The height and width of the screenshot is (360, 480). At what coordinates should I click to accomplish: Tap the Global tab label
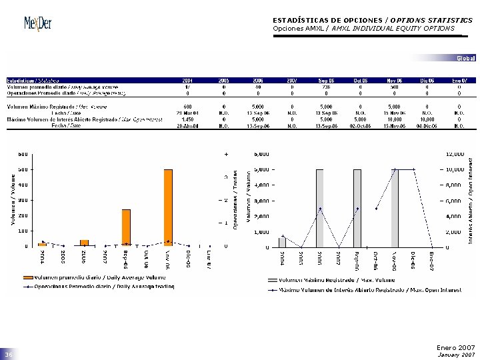466,59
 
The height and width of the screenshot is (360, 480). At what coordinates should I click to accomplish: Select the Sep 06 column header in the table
326,80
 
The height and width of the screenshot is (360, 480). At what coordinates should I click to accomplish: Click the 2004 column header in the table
188,80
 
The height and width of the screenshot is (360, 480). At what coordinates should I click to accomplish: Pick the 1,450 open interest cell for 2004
188,119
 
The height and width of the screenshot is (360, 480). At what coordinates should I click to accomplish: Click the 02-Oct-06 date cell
360,125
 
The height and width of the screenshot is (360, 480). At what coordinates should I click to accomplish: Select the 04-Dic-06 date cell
426,125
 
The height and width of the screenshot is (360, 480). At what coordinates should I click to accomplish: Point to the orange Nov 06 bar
168,207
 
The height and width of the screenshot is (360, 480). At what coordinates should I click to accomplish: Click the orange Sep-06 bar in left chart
126,227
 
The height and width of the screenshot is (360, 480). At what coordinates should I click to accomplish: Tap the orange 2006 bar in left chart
84,243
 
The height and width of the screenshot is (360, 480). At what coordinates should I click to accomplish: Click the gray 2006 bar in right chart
320,208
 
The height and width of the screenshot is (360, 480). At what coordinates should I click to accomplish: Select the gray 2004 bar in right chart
283,242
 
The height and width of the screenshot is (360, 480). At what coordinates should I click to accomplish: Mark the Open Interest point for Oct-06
377,209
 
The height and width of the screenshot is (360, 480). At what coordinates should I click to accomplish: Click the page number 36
9,355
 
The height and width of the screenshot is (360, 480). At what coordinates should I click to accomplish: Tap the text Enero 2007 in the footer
455,347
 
